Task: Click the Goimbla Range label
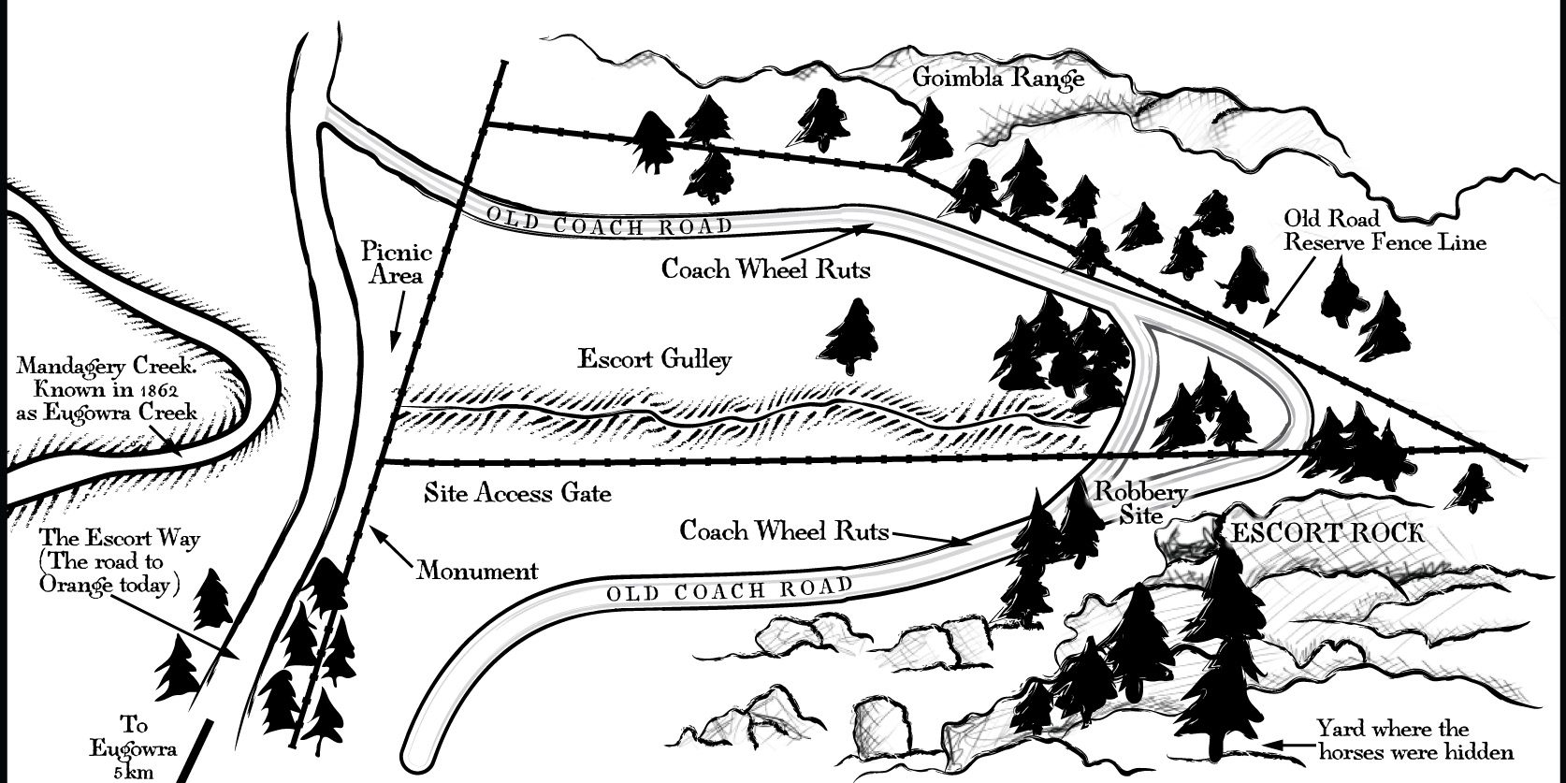[x=998, y=79]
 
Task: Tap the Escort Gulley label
[x=655, y=359]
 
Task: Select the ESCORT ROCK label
[x=1327, y=533]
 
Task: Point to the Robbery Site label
[x=1143, y=503]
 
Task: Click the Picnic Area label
[x=397, y=264]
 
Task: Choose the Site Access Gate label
[x=517, y=492]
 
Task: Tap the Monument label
[x=477, y=570]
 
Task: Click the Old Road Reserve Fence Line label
[x=1385, y=230]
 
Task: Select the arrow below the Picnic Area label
[x=397, y=323]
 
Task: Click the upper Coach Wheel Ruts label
[x=765, y=268]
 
